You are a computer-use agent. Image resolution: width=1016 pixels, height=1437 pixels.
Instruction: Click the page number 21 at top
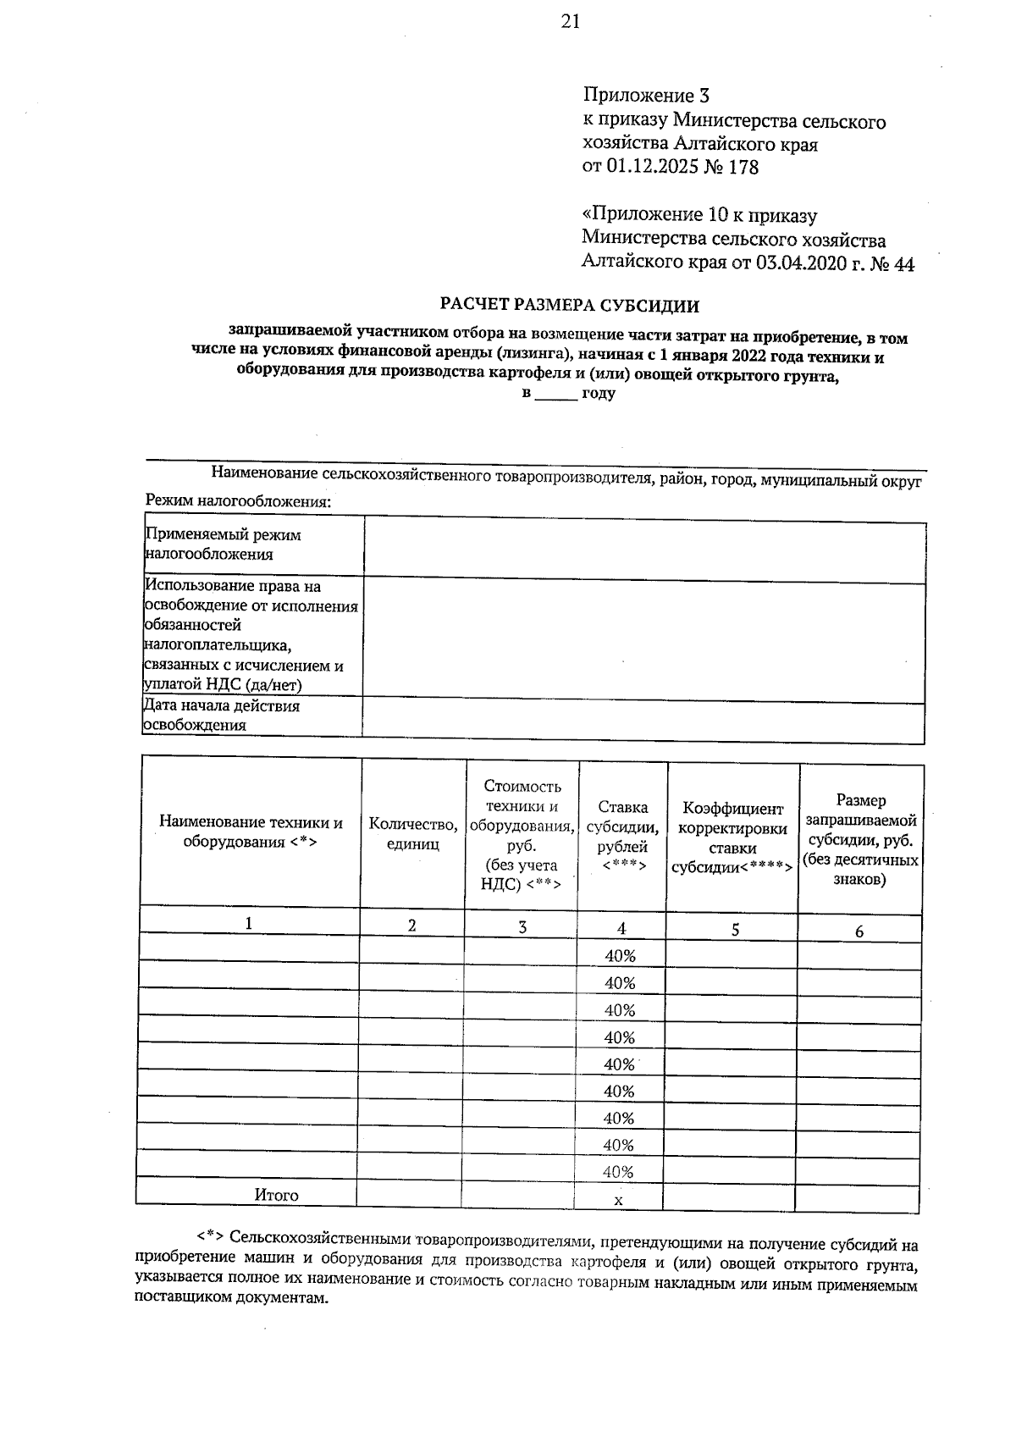[x=570, y=22]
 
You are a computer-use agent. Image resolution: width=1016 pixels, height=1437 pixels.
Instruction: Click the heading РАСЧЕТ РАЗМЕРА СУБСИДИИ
[x=570, y=305]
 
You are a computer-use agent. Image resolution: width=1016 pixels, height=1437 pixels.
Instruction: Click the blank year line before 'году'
[x=555, y=395]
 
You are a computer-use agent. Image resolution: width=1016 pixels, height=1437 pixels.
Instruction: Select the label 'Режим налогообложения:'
[x=238, y=501]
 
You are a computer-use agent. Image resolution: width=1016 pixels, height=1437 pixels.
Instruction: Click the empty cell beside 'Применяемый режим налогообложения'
[x=643, y=552]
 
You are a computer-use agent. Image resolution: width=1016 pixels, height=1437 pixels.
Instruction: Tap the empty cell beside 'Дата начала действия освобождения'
[x=643, y=718]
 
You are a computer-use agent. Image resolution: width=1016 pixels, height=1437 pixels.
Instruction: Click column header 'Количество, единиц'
[x=413, y=834]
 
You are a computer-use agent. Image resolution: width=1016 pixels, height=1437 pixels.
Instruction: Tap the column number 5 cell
[x=735, y=929]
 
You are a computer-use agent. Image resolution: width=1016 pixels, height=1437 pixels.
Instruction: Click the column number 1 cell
[x=249, y=924]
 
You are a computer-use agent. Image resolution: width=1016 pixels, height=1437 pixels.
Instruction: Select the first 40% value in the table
[x=621, y=956]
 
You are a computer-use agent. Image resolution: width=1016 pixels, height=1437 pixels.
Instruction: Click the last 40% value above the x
[x=619, y=1172]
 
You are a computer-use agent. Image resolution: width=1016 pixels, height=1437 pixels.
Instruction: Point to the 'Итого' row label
[x=277, y=1195]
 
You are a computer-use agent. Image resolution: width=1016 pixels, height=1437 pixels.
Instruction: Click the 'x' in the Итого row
[x=618, y=1200]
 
